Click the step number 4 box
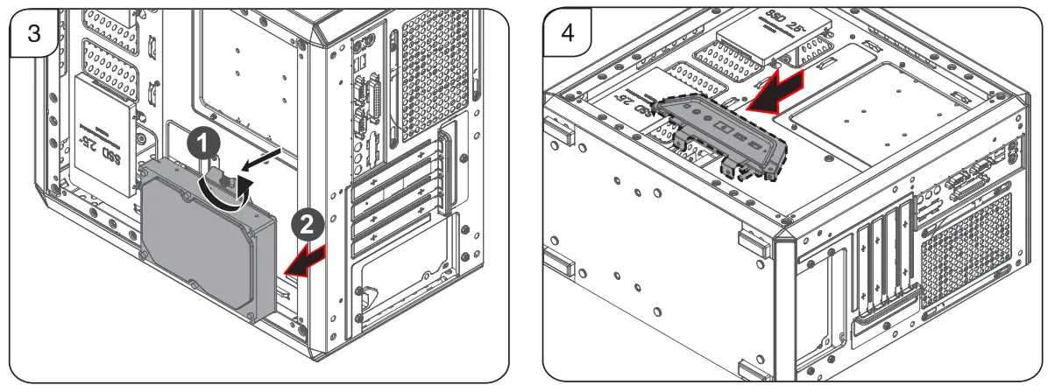[567, 34]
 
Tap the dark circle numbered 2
[305, 224]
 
